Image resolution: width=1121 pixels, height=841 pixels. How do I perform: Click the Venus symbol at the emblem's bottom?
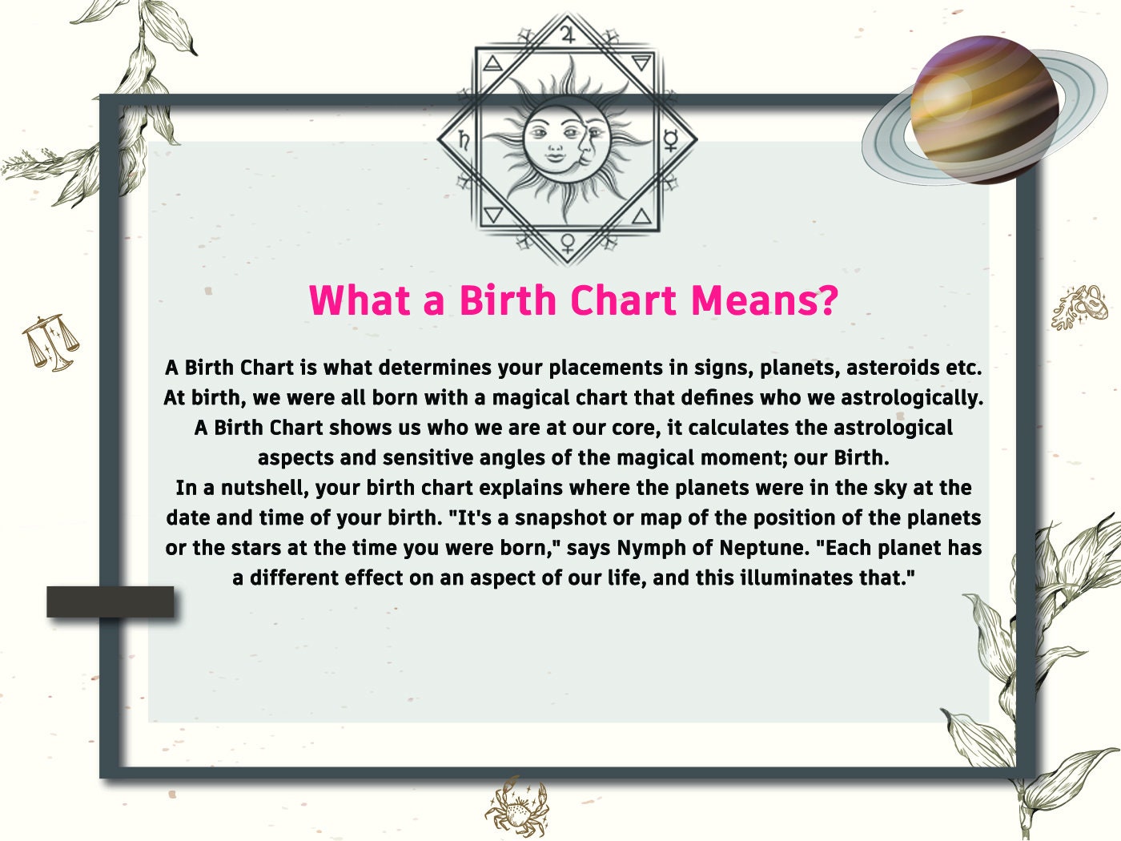(568, 241)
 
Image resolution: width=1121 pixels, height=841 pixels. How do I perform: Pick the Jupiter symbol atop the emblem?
(568, 34)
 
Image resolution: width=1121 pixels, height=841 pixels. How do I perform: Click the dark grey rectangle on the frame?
(110, 602)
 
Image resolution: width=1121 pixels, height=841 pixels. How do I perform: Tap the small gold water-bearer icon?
(1080, 307)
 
